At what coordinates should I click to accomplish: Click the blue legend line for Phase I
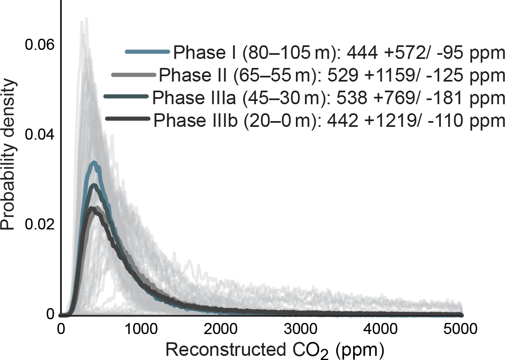click(147, 52)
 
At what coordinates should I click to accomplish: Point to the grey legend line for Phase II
click(133, 75)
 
